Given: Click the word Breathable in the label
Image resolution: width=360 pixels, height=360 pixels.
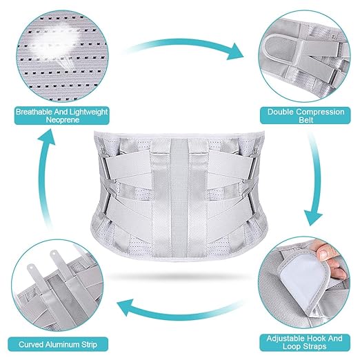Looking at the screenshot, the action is click(x=34, y=112).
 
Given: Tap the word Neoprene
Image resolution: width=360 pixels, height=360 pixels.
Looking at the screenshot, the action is click(x=63, y=120).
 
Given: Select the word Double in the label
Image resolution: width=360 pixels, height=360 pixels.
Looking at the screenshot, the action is click(x=281, y=112).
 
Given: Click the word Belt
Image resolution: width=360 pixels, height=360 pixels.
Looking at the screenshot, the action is click(x=306, y=120).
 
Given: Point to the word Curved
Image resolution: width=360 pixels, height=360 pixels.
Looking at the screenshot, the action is click(x=30, y=344).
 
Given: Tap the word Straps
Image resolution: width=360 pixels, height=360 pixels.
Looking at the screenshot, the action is click(x=314, y=346).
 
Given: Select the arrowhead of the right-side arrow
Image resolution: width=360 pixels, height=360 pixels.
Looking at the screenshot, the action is click(x=314, y=217).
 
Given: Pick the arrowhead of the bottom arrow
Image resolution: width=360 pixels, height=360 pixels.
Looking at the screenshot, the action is click(x=126, y=308).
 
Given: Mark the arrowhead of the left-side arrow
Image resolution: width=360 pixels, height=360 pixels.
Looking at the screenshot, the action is click(x=47, y=138).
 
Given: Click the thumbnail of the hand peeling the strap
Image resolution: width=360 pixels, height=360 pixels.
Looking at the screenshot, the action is click(x=305, y=282).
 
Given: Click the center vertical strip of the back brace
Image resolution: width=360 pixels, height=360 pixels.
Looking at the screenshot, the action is click(x=179, y=197).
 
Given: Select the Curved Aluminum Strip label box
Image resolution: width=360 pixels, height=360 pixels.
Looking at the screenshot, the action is click(x=58, y=344).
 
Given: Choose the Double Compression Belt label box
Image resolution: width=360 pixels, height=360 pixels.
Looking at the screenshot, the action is click(x=306, y=116).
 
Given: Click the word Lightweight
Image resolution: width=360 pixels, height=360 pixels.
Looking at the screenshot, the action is click(x=89, y=112).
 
